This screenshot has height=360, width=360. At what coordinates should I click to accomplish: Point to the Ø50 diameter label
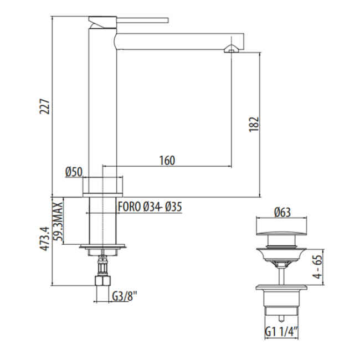click(x=74, y=172)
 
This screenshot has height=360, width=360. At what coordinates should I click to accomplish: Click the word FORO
click(x=128, y=207)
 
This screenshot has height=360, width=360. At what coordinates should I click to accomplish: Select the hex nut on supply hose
click(x=102, y=283)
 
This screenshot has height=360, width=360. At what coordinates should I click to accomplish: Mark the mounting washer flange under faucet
click(x=103, y=248)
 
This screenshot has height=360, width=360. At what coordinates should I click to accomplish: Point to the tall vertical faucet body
click(x=102, y=100)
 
